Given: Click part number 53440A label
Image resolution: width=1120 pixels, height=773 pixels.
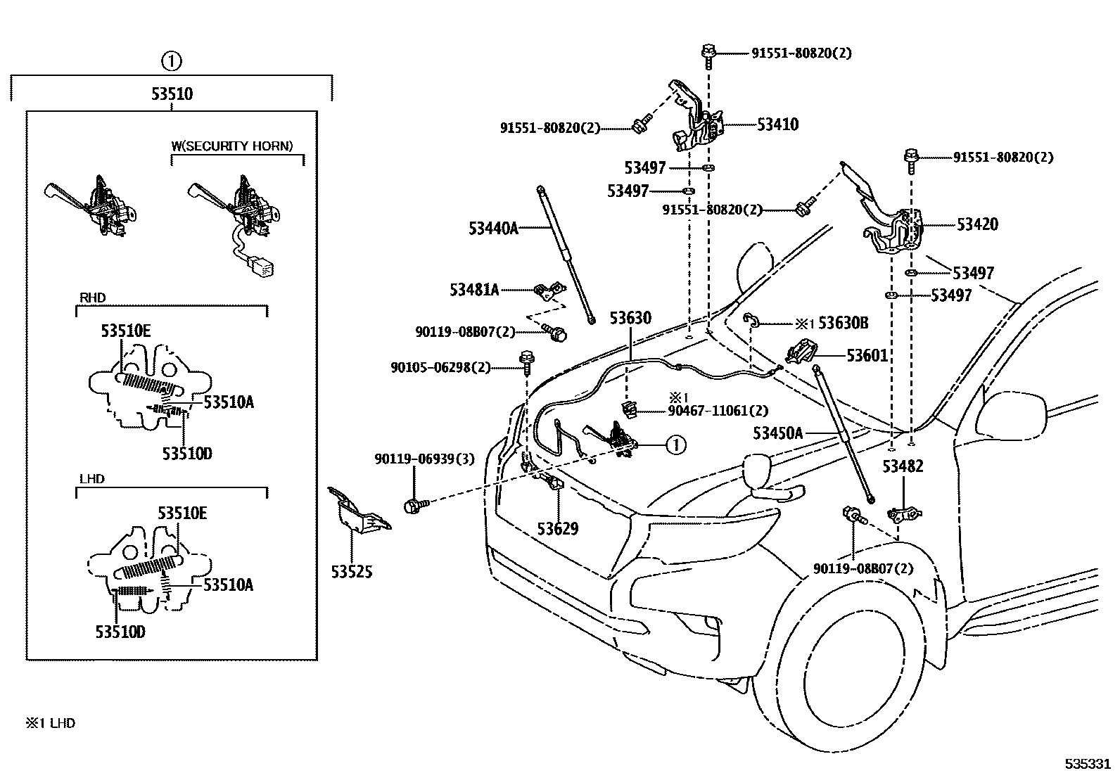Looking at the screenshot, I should [x=493, y=228].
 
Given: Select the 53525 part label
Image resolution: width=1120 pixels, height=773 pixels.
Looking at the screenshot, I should [x=352, y=572].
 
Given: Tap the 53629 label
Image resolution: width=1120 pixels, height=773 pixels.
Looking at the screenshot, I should [x=558, y=528].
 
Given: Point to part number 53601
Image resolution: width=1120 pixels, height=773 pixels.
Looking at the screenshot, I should [x=867, y=356].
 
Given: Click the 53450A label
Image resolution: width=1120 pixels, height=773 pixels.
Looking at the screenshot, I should [x=777, y=433].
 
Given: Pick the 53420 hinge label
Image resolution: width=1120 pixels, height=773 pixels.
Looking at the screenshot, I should [x=977, y=224].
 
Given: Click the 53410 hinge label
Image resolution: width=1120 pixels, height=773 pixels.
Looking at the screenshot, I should [x=777, y=124].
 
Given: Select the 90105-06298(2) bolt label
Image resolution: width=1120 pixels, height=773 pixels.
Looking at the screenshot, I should [x=440, y=367].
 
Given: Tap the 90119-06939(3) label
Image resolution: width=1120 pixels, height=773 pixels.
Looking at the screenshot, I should [x=424, y=459].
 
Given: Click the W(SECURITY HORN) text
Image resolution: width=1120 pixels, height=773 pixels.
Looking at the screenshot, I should [x=232, y=146].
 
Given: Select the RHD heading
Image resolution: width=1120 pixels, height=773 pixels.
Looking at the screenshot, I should [x=92, y=298].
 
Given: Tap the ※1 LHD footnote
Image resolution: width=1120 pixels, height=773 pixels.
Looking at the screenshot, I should [x=51, y=722].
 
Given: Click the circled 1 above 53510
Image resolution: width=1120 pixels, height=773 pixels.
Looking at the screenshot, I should [x=171, y=61].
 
